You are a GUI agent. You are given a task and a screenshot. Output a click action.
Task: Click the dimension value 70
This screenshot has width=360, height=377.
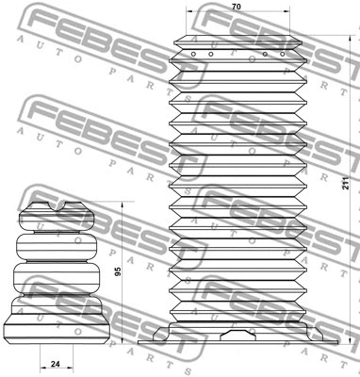tap(236, 8)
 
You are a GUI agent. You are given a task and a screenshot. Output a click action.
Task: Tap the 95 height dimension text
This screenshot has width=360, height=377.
tap(117, 272)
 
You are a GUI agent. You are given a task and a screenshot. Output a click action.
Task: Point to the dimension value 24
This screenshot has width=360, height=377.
tap(56, 363)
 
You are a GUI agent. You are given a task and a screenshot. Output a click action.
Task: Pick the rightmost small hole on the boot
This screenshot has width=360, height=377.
tap(280, 54)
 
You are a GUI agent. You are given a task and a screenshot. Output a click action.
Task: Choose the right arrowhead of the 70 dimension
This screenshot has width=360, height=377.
tap(300, 16)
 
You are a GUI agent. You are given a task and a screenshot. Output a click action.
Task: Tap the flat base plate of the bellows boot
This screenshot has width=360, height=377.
tap(236, 341)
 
